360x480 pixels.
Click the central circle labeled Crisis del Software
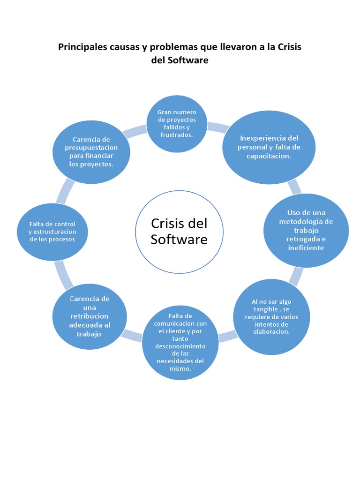179,231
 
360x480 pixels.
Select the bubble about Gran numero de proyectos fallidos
176,124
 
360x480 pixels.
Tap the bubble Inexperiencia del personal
269,147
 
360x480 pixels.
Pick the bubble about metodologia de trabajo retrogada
306,230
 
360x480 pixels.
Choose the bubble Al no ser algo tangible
271,317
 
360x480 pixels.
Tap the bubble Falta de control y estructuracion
52,232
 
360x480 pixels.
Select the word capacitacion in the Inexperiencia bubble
269,156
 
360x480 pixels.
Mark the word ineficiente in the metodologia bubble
306,247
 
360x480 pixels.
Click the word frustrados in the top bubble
176,135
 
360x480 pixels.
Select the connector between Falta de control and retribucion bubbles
63,274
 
